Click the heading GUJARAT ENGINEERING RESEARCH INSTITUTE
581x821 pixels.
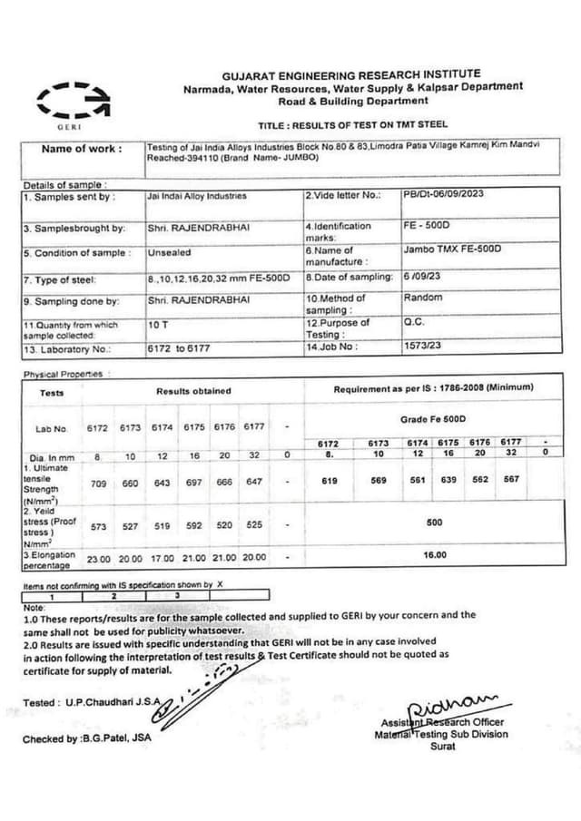pos(351,73)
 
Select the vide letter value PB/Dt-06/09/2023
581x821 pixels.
pos(445,194)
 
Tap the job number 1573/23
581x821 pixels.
pos(422,346)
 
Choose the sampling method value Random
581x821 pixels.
pos(423,298)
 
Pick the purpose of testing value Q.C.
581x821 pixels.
pos(416,322)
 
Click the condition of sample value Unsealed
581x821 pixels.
pos(169,253)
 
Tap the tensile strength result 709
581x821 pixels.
pos(99,484)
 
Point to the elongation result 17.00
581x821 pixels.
pos(162,557)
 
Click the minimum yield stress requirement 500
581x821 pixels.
pos(434,523)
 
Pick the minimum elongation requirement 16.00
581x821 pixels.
pos(435,554)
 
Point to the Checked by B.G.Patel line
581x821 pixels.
pos(87,738)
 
